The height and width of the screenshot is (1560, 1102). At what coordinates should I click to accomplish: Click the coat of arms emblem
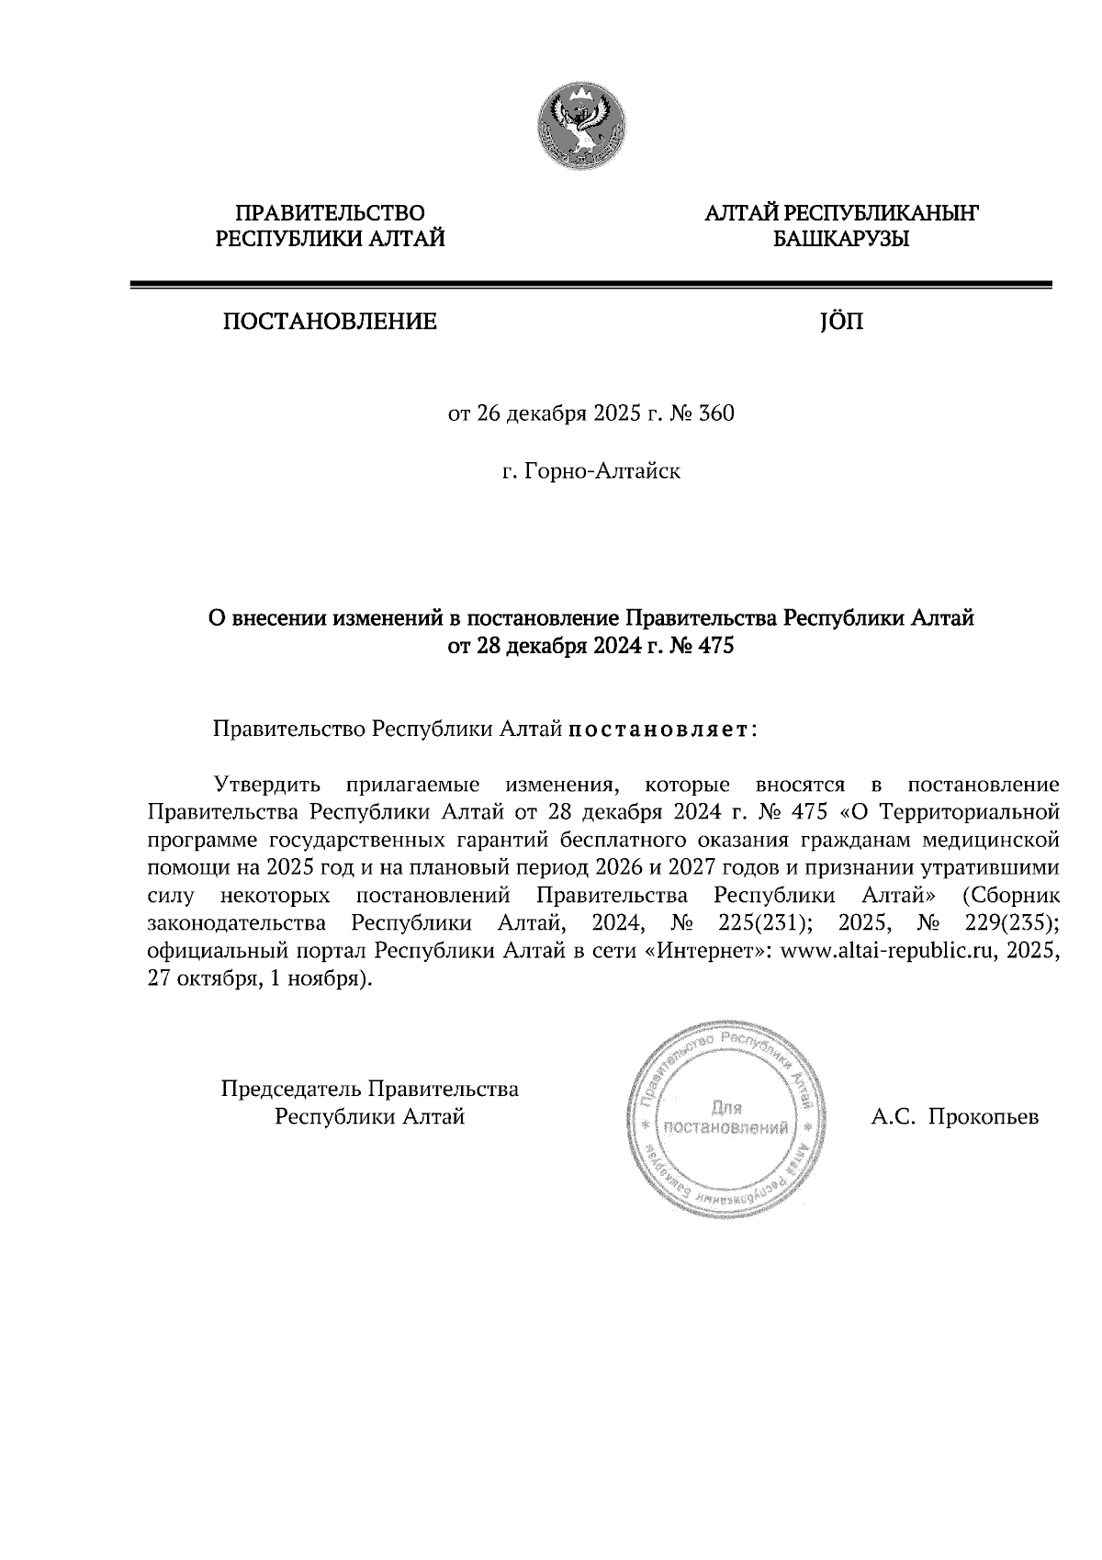coord(581,125)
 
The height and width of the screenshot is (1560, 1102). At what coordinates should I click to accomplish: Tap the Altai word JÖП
coord(840,322)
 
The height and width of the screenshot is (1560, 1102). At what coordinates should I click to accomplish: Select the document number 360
coord(717,414)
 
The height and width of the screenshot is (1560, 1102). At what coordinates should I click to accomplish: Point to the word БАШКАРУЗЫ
coord(841,240)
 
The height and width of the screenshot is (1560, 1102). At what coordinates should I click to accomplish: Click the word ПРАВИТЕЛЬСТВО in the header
coord(331,214)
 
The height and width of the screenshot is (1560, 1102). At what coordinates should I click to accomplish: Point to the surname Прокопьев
coord(983,1118)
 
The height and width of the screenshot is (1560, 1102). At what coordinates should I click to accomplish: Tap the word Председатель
coord(291,1090)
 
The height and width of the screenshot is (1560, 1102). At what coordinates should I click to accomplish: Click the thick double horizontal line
coord(590,286)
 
